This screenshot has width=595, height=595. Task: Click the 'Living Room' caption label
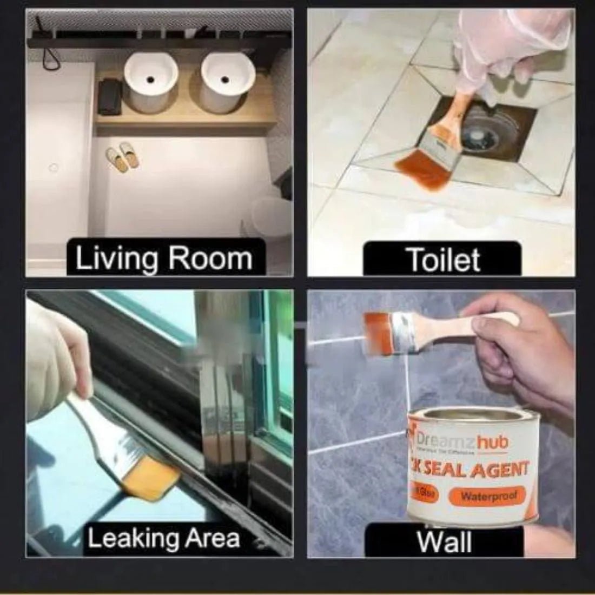[164, 259]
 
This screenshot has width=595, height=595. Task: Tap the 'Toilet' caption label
[442, 260]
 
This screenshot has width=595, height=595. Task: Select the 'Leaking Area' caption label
[163, 538]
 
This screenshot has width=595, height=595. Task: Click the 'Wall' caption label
[444, 541]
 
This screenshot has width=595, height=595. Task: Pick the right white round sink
[228, 83]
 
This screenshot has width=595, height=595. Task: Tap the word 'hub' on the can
[493, 443]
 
